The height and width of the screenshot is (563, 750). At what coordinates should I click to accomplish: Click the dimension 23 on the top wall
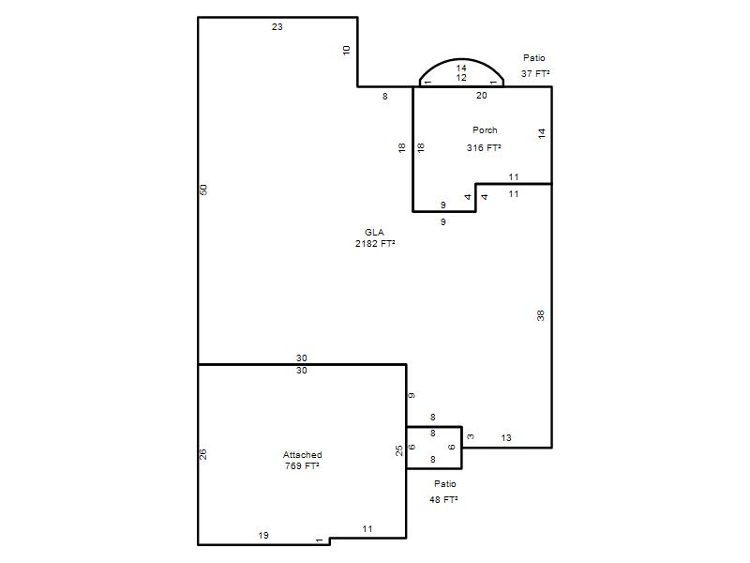[277, 27]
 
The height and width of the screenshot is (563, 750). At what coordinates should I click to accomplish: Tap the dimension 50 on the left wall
[203, 190]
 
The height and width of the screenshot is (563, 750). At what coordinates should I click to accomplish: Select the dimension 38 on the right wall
[541, 315]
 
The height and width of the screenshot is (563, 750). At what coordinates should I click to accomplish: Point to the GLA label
[374, 232]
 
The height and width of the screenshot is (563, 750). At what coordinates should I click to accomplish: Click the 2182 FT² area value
[375, 244]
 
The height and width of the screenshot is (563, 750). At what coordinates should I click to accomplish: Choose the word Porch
[485, 130]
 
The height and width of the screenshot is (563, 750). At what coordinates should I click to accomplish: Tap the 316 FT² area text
[484, 148]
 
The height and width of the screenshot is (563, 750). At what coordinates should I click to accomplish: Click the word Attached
[302, 455]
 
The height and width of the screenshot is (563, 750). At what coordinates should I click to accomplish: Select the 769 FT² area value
[302, 465]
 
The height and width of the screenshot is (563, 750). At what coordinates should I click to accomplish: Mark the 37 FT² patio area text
[535, 74]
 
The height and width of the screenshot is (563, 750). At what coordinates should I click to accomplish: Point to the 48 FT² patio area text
[443, 500]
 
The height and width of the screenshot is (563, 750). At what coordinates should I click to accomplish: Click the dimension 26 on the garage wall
[202, 454]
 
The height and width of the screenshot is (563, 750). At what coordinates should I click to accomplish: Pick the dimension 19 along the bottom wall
[263, 536]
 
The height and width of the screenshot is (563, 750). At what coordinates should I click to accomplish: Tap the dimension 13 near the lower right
[506, 438]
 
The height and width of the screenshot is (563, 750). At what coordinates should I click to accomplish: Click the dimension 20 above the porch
[482, 96]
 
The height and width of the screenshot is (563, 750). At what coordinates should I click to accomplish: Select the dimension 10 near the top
[347, 50]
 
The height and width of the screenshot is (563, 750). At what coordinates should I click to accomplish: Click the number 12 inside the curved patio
[461, 78]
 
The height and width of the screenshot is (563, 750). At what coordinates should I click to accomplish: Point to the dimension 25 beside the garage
[399, 450]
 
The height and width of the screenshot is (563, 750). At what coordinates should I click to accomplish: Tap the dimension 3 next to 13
[471, 436]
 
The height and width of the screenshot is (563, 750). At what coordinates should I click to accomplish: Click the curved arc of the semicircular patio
[461, 59]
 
